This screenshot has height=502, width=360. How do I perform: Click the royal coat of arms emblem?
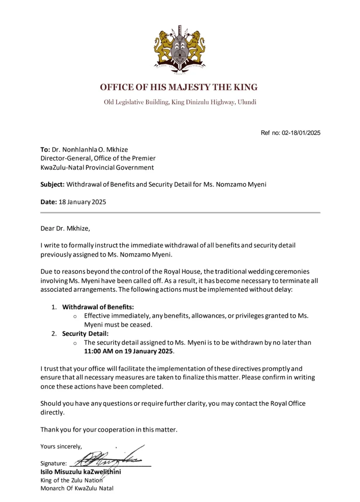coord(180,50)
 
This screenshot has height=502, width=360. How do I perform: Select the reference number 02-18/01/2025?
coord(301,133)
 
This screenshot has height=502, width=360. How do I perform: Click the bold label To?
coord(45,150)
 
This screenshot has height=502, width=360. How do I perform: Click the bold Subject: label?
coord(52,185)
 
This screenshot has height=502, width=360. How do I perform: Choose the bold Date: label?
coord(49,202)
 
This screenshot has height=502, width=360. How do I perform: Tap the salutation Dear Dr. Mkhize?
coord(65,229)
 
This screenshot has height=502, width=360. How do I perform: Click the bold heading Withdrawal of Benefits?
coord(98,307)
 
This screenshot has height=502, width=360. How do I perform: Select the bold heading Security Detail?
coord(85,334)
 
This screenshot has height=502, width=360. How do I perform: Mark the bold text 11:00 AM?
coord(98,351)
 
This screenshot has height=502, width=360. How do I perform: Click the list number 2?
coord(54,334)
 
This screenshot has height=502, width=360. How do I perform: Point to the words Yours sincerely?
coord(61,447)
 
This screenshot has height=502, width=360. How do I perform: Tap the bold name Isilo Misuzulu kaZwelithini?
coord(81,472)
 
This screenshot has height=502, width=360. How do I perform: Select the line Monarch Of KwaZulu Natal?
coord(77,488)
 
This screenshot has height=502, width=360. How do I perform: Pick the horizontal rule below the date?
coord(180,213)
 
